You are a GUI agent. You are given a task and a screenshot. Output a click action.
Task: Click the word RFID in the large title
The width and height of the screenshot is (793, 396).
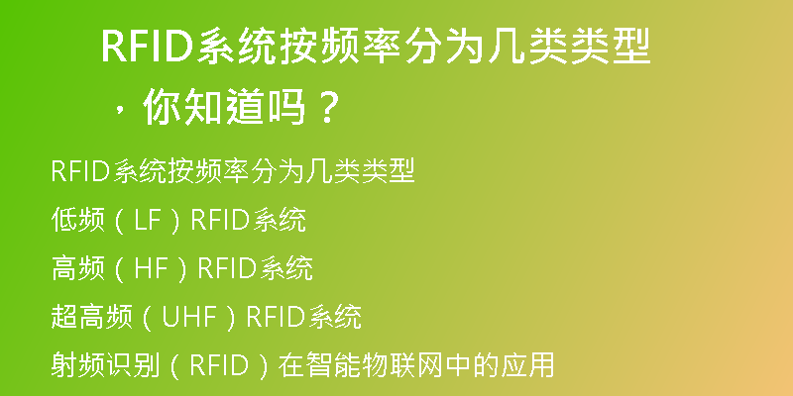(148, 47)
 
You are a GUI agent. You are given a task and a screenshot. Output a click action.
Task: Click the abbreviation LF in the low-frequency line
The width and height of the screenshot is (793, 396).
(146, 221)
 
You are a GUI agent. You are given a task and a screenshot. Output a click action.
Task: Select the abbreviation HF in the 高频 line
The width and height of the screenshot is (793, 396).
(150, 268)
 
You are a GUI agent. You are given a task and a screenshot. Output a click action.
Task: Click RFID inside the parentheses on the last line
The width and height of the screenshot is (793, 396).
(219, 364)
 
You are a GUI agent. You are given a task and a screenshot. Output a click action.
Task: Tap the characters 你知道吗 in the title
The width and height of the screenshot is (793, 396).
(225, 107)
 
